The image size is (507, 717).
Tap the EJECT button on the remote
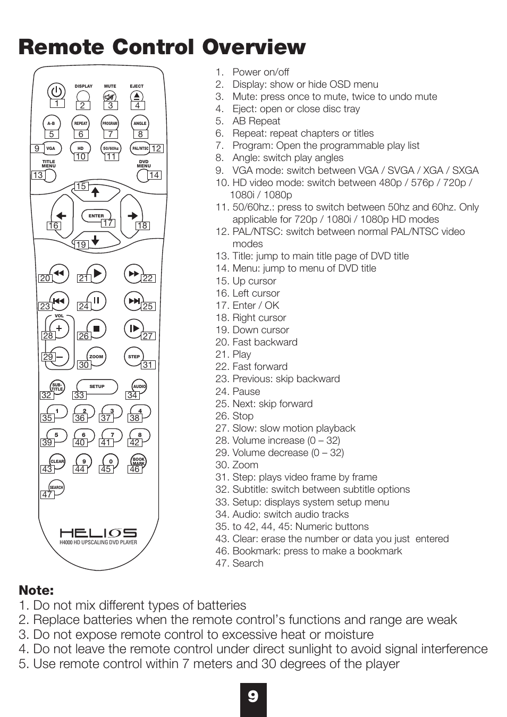pyautogui.click(x=137, y=96)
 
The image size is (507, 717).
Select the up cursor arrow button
pyautogui.click(x=96, y=192)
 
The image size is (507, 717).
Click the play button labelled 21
pyautogui.click(x=97, y=273)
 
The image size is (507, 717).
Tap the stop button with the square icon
pyautogui.click(x=96, y=329)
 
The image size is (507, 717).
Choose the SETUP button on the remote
pyautogui.click(x=97, y=386)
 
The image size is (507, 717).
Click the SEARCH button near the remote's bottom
pyautogui.click(x=56, y=487)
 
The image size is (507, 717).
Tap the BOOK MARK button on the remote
pyautogui.click(x=139, y=460)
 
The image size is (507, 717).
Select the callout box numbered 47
pyautogui.click(x=47, y=495)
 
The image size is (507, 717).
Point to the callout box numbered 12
pyautogui.click(x=156, y=149)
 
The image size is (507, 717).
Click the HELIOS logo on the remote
pyautogui.click(x=98, y=533)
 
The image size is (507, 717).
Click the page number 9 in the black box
pyautogui.click(x=253, y=696)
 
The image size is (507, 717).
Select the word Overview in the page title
pyautogui.click(x=253, y=47)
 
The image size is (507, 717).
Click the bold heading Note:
pyautogui.click(x=36, y=591)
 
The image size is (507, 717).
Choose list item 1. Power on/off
pyautogui.click(x=252, y=72)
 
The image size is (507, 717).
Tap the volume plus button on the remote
pyautogui.click(x=59, y=328)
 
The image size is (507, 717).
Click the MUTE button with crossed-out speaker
pyautogui.click(x=110, y=96)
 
